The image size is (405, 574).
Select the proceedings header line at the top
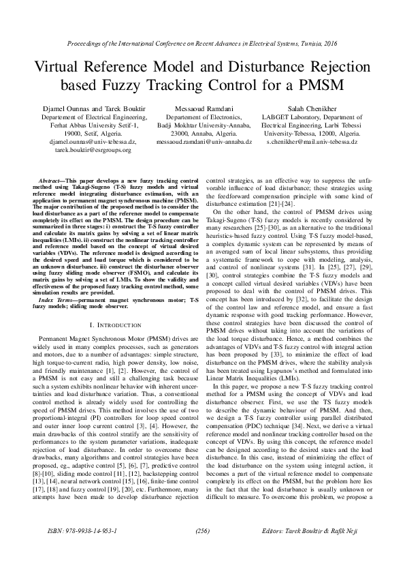click(202, 43)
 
